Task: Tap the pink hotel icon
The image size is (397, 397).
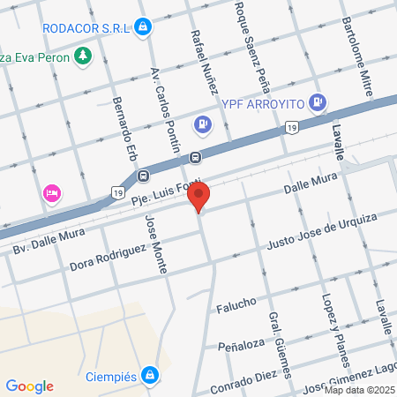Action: coord(51,192)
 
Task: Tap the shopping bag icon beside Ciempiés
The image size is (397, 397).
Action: coord(151,374)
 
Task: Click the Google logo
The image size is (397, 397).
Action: coord(29,386)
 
